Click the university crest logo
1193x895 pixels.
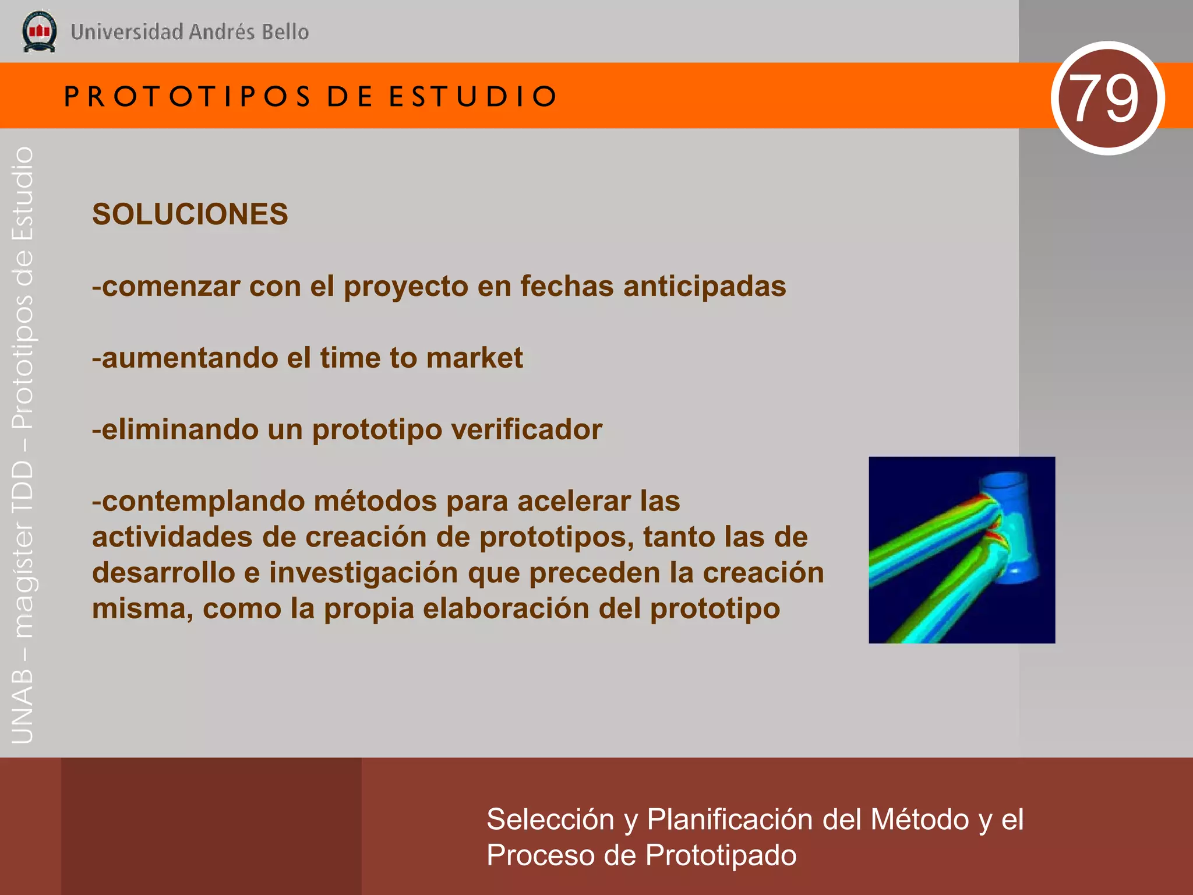point(39,31)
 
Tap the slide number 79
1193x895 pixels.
point(1107,98)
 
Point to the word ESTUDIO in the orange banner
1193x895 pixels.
point(473,97)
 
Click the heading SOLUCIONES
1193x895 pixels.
point(190,214)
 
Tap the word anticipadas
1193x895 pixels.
point(704,287)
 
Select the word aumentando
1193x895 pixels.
point(189,358)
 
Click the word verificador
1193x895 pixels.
point(527,430)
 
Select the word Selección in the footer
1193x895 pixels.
point(550,820)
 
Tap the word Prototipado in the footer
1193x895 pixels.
point(721,856)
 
